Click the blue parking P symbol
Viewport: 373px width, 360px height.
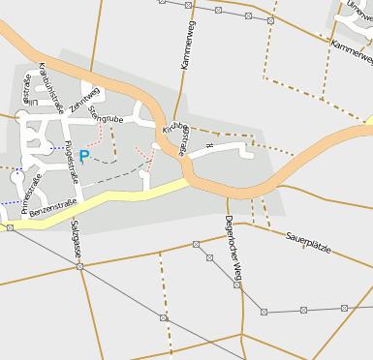[x=83, y=155]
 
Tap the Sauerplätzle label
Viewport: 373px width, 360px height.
[x=308, y=243]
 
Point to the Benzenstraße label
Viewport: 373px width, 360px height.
[x=52, y=207]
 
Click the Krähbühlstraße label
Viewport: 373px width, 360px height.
[x=49, y=88]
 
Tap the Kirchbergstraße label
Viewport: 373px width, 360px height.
[x=176, y=138]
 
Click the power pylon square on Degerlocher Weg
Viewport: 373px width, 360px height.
[x=236, y=285]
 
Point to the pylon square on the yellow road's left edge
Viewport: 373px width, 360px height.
[x=10, y=227]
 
